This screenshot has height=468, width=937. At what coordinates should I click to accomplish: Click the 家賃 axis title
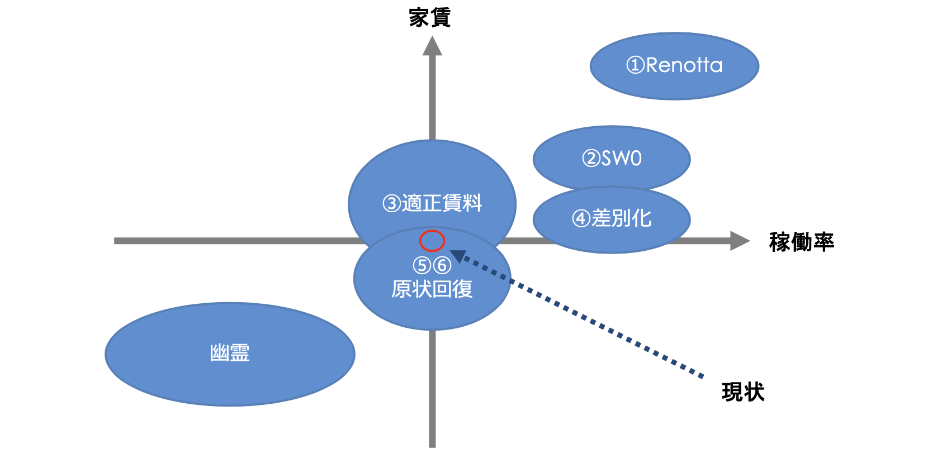(429, 18)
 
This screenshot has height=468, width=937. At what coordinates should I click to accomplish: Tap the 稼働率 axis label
(801, 242)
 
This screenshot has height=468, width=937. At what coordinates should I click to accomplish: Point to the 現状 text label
(742, 392)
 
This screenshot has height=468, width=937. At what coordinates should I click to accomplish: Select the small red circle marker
(432, 241)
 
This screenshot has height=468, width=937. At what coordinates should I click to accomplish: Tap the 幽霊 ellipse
(230, 354)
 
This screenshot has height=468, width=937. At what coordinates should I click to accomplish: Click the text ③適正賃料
(432, 203)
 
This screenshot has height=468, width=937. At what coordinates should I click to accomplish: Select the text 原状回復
(432, 289)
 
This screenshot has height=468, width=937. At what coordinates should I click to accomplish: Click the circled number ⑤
(422, 265)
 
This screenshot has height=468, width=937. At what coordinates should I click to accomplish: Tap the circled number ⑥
(442, 265)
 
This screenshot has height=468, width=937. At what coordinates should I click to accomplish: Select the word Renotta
(684, 65)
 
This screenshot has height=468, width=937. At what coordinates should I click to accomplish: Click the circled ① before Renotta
(636, 65)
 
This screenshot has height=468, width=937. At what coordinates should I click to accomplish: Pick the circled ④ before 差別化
(581, 218)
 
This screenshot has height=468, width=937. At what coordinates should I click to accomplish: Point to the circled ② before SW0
(591, 159)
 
